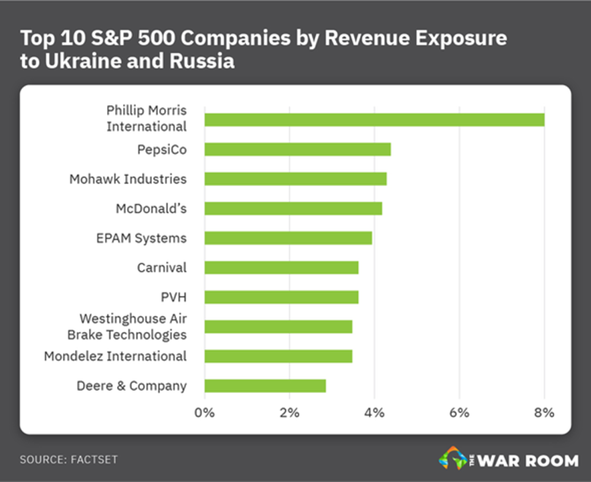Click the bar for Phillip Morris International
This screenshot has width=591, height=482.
(x=374, y=120)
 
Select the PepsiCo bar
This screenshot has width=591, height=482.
(x=297, y=149)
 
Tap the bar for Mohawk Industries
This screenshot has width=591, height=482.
(x=295, y=179)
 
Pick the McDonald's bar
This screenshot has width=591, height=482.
(x=293, y=208)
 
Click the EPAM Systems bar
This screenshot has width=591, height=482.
(x=288, y=238)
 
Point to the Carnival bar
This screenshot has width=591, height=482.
(x=281, y=267)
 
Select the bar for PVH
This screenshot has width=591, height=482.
(x=281, y=297)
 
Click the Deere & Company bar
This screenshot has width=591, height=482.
(x=265, y=386)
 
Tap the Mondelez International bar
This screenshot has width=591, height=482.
(x=278, y=356)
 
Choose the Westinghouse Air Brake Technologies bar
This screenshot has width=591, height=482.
(x=278, y=327)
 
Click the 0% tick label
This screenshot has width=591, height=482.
(x=204, y=412)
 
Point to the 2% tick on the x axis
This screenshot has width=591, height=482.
(x=289, y=412)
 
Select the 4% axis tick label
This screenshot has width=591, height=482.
(x=374, y=412)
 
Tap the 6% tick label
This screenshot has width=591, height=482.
(x=459, y=412)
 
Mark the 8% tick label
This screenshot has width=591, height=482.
(x=544, y=412)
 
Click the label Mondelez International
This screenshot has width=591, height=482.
(x=115, y=356)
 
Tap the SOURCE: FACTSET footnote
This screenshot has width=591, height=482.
(x=63, y=460)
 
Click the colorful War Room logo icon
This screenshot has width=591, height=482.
(x=453, y=459)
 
